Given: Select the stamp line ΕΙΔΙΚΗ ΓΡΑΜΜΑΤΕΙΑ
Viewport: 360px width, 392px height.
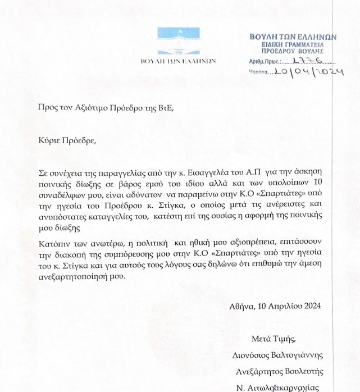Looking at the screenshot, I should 293,44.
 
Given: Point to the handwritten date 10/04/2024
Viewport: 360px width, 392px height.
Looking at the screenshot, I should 307,72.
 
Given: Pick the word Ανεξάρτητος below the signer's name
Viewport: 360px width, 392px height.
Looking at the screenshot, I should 257,371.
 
